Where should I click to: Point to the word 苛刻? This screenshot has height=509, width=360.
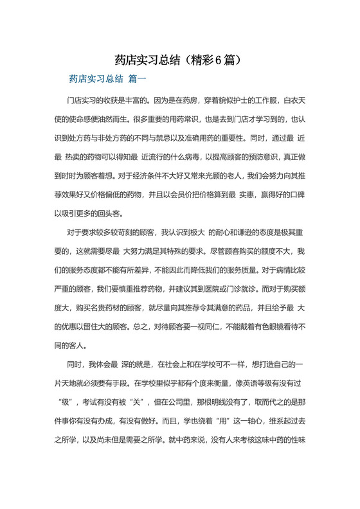point(133,232)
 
